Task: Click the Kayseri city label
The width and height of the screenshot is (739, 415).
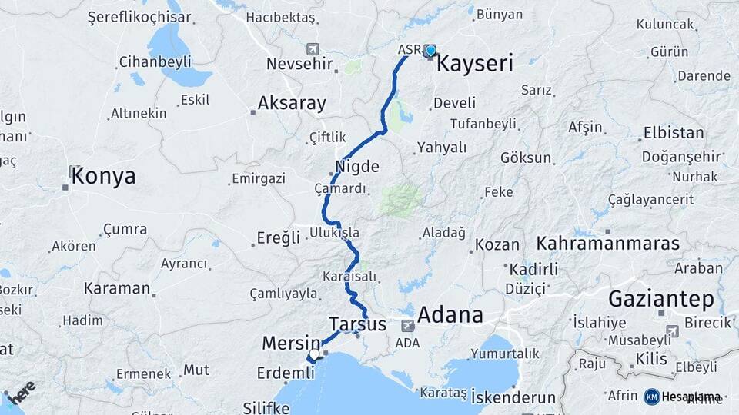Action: point(474,64)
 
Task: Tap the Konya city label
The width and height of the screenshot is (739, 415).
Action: point(103,177)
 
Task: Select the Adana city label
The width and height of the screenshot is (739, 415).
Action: point(450,315)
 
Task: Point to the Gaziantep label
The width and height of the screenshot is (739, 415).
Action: point(661,299)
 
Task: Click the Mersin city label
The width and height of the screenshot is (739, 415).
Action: point(291,343)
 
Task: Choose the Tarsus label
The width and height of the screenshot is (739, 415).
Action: point(357,324)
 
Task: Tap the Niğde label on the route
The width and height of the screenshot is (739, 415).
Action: point(357,165)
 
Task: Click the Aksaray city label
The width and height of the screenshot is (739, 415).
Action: point(292,103)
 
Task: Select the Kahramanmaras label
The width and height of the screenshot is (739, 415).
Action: point(608,244)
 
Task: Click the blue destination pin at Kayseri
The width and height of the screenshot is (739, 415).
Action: point(430,51)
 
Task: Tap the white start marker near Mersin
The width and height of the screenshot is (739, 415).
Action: point(314,355)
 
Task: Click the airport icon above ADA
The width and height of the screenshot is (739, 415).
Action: point(407,326)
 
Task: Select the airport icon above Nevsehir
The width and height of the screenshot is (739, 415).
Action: point(313,48)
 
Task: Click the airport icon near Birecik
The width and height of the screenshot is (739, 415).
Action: point(673,331)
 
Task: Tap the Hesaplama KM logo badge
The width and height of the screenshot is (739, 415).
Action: point(651,397)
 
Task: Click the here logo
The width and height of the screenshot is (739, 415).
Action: point(22,392)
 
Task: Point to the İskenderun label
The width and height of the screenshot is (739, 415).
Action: point(513,397)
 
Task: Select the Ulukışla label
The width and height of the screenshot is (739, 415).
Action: point(334,232)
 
